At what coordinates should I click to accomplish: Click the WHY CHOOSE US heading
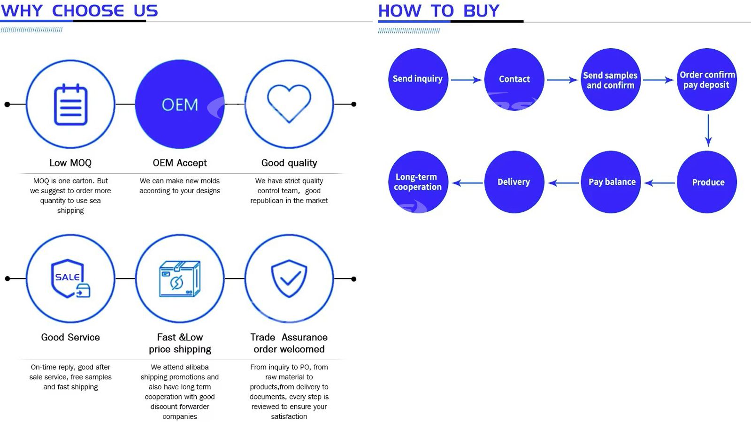[79, 11]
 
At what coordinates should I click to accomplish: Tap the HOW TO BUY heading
[439, 11]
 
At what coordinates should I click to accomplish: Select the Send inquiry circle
[418, 79]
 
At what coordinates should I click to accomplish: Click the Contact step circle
[514, 79]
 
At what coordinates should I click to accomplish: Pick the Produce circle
[707, 182]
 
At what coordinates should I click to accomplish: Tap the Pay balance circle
[611, 182]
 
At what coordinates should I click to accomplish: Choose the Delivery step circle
[514, 182]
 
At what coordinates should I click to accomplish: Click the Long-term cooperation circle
[418, 182]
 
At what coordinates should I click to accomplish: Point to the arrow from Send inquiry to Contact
[467, 80]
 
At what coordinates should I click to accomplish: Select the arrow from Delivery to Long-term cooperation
[467, 183]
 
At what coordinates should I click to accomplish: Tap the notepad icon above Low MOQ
[70, 105]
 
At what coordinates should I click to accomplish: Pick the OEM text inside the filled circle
[180, 105]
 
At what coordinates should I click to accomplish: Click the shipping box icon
[180, 279]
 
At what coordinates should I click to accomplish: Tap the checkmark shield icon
[289, 279]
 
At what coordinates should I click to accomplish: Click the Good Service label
[70, 337]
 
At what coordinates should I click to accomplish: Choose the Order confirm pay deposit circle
[707, 79]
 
